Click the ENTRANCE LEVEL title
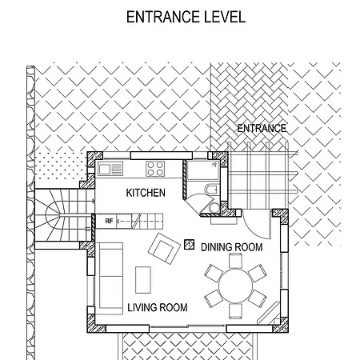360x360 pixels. [x=186, y=17]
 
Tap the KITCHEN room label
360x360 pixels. [x=146, y=193]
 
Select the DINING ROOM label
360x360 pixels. [x=232, y=247]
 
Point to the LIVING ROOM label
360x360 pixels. [x=158, y=307]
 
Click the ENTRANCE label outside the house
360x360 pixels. [x=262, y=128]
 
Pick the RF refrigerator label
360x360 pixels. [x=109, y=221]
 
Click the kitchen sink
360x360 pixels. [x=110, y=169]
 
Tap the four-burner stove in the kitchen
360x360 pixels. [x=155, y=169]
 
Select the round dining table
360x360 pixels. [x=235, y=286]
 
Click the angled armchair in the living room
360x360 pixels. [x=164, y=249]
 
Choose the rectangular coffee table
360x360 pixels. [x=143, y=280]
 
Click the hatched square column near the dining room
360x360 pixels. [x=189, y=245]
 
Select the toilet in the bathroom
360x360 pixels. [x=212, y=190]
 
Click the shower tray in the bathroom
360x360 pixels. [x=203, y=170]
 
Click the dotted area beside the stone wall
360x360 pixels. [x=61, y=166]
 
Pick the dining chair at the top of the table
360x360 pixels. [x=235, y=261]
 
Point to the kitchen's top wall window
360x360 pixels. [x=162, y=155]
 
